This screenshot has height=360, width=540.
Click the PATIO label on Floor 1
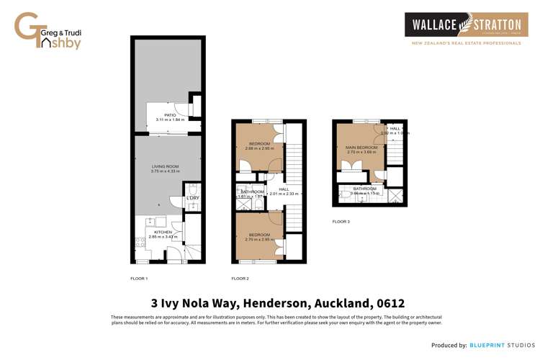[170, 115]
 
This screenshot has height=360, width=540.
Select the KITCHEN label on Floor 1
[163, 232]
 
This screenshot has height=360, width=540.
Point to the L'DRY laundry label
[192, 198]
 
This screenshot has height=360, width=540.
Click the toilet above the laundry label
[192, 187]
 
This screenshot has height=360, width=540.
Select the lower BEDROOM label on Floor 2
[259, 235]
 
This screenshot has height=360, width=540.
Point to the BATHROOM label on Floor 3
[364, 189]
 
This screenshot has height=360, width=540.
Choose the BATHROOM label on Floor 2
[252, 192]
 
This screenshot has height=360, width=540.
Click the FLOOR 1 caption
[139, 278]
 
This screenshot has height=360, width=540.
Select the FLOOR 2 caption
[240, 278]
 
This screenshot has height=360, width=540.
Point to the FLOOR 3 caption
[341, 222]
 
